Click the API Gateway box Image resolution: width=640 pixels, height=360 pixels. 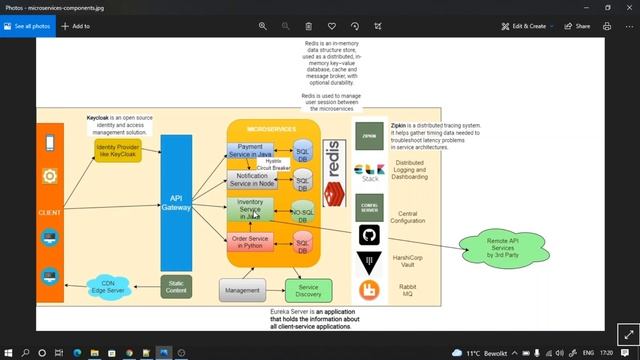(x=176, y=201)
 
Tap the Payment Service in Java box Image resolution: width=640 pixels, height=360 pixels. (x=249, y=151)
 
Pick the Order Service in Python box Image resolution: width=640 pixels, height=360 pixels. (x=249, y=242)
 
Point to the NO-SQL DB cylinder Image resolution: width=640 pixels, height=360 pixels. (x=302, y=212)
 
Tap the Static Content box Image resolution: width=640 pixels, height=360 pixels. (x=175, y=287)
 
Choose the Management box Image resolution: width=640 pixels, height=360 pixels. (x=243, y=290)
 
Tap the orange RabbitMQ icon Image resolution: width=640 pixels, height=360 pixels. (x=368, y=291)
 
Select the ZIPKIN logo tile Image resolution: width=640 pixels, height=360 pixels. (x=368, y=133)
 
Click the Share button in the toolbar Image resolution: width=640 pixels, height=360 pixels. (x=577, y=26)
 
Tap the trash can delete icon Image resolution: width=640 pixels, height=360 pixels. (x=308, y=26)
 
